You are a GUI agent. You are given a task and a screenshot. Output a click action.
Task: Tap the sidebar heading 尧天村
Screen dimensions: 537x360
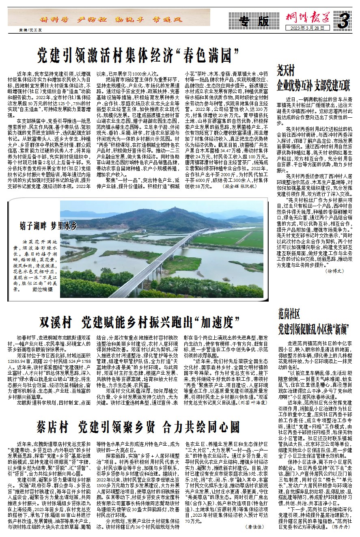288,67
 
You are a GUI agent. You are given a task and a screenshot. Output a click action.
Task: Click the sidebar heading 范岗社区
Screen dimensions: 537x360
289,314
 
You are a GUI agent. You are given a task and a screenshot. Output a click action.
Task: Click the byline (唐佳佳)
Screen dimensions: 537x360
254,526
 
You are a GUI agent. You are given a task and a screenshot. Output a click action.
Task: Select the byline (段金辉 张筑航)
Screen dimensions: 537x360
240,186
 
